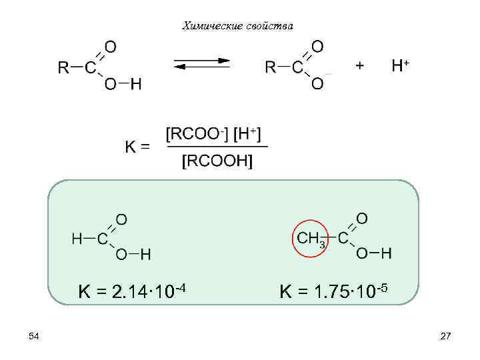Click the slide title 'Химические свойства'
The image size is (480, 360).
[x=237, y=26]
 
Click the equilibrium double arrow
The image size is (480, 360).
[x=202, y=64]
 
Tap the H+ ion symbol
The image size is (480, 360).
[x=401, y=65]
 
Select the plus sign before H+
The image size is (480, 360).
[x=360, y=65]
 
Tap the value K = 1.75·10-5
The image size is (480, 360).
[x=333, y=291]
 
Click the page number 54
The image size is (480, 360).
[x=34, y=337]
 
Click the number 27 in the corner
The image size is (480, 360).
[x=446, y=337]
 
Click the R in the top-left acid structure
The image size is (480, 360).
[x=63, y=67]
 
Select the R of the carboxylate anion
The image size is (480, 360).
[x=271, y=67]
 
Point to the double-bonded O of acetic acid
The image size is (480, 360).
[x=362, y=218]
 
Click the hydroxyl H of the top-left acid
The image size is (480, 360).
[x=136, y=85]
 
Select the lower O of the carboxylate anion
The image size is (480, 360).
[x=318, y=84]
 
